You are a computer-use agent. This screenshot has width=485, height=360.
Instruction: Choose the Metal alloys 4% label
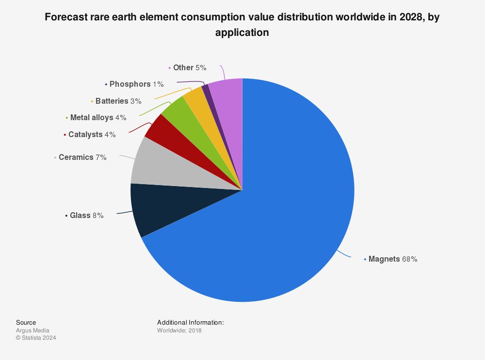point(98,117)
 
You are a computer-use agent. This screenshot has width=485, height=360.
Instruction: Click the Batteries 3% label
point(118,101)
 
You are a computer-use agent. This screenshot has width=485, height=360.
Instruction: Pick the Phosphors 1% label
point(136,84)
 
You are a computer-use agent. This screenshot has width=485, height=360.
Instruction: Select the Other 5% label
point(190,67)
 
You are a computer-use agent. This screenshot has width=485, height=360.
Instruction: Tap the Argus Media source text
point(32,330)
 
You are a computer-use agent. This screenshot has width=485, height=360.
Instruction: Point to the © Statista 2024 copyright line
point(36,338)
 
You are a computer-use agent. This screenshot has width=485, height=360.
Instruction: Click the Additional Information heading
point(191,322)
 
